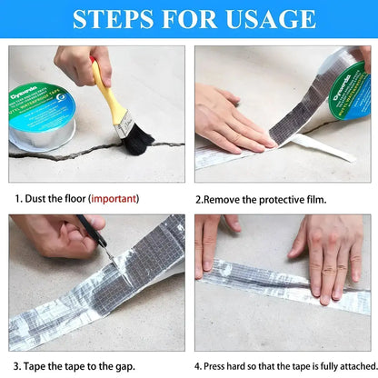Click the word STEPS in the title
point(111,20)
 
